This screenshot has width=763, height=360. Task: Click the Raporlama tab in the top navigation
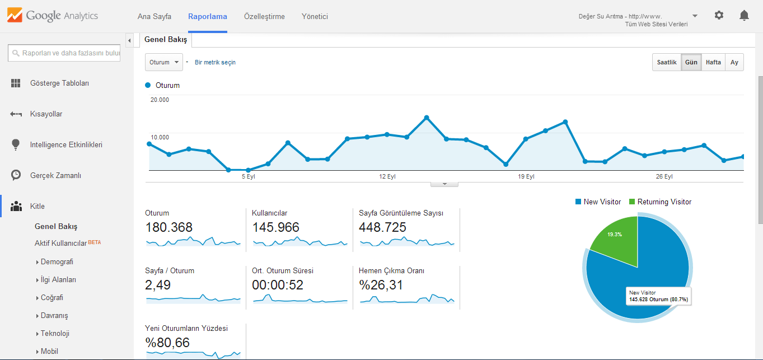coord(208,16)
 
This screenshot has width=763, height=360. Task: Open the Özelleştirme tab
coord(264,16)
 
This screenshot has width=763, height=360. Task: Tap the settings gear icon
coord(719,15)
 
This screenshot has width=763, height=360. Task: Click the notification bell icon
coord(744,15)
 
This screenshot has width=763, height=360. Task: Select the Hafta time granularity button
coord(713,62)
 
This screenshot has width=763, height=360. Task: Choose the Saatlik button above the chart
coord(667,62)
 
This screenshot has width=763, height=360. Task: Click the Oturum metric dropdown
coord(164,62)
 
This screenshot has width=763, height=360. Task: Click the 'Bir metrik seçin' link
coord(215,62)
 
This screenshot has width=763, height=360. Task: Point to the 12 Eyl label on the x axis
coord(387,176)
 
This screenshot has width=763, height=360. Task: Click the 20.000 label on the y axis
coord(160,100)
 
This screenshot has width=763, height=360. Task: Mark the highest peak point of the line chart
coord(427,118)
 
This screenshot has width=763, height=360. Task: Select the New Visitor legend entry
coord(598,202)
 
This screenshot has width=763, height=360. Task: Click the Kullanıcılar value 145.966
coord(275,227)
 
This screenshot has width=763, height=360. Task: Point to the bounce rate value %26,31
coord(381,285)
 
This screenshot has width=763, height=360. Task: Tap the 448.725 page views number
coord(382,227)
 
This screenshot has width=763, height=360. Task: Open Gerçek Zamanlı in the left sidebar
coord(55,175)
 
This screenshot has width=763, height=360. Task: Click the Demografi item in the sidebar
coord(57,261)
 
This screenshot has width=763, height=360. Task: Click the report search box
coord(64,53)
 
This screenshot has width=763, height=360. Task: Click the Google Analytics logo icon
coord(15,15)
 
